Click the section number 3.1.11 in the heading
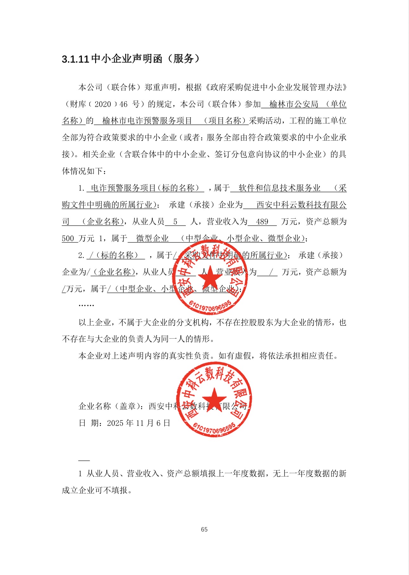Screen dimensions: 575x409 coord(75,59)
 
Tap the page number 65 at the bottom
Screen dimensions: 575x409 coord(204,529)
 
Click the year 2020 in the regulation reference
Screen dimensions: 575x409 coord(103,104)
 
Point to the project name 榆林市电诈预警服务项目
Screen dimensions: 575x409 coord(147,121)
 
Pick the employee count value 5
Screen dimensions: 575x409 coord(175,222)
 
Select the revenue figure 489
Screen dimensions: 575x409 coord(262,222)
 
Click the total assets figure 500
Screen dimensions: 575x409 coord(68,239)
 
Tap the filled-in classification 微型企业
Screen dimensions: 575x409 coord(152,239)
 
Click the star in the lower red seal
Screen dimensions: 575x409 coord(214,399)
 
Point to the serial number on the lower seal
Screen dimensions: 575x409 coord(214,427)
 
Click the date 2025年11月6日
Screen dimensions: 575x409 coord(139,423)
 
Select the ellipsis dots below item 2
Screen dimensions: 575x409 coord(86,305)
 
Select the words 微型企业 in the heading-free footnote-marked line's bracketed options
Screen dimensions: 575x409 coord(284,239)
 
